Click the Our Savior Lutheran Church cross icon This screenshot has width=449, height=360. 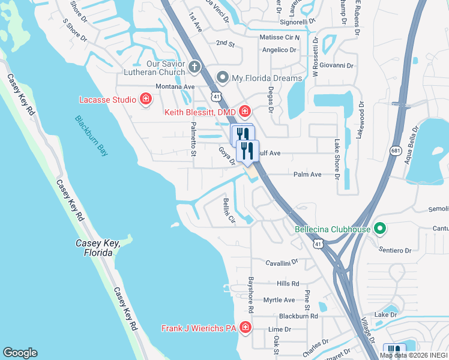194,65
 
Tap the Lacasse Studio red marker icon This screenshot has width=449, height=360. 145,99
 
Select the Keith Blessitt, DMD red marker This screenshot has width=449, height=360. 244,111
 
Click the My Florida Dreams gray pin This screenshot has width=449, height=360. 223,78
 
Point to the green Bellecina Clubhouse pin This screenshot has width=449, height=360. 379,229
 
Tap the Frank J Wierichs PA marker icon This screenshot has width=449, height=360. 245,328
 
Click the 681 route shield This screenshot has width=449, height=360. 395,152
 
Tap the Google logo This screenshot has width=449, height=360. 20,353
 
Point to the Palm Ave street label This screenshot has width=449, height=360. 307,175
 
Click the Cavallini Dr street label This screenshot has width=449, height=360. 282,263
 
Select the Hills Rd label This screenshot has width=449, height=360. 288,283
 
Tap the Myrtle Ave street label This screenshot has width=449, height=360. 279,299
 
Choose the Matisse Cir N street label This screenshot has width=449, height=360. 279,37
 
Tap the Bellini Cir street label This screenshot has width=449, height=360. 228,212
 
